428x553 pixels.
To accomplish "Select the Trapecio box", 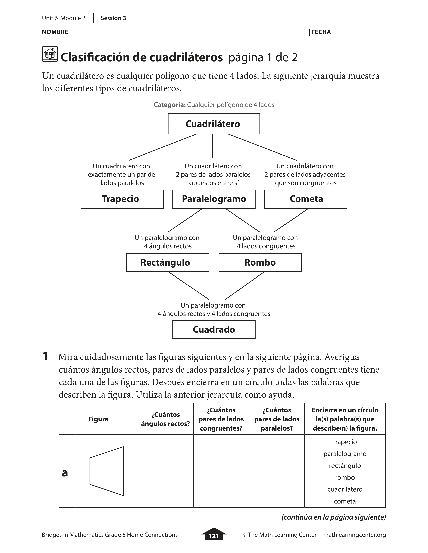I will [122, 199].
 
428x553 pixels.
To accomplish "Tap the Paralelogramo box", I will [214, 199].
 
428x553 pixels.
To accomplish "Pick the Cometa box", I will [305, 199].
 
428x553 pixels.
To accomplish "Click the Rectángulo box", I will [168, 262].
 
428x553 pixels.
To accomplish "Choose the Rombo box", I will [260, 262].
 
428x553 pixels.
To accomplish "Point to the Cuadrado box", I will [214, 329].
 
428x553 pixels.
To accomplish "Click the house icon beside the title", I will [50, 54].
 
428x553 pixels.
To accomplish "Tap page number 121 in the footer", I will [214, 536].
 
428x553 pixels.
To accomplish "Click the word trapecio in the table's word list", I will [345, 442].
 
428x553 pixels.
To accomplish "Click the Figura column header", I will [98, 419].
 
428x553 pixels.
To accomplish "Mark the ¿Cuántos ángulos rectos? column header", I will [165, 419].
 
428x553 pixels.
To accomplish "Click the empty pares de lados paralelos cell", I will [276, 471].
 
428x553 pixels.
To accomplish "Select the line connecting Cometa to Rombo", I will [291, 220].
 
